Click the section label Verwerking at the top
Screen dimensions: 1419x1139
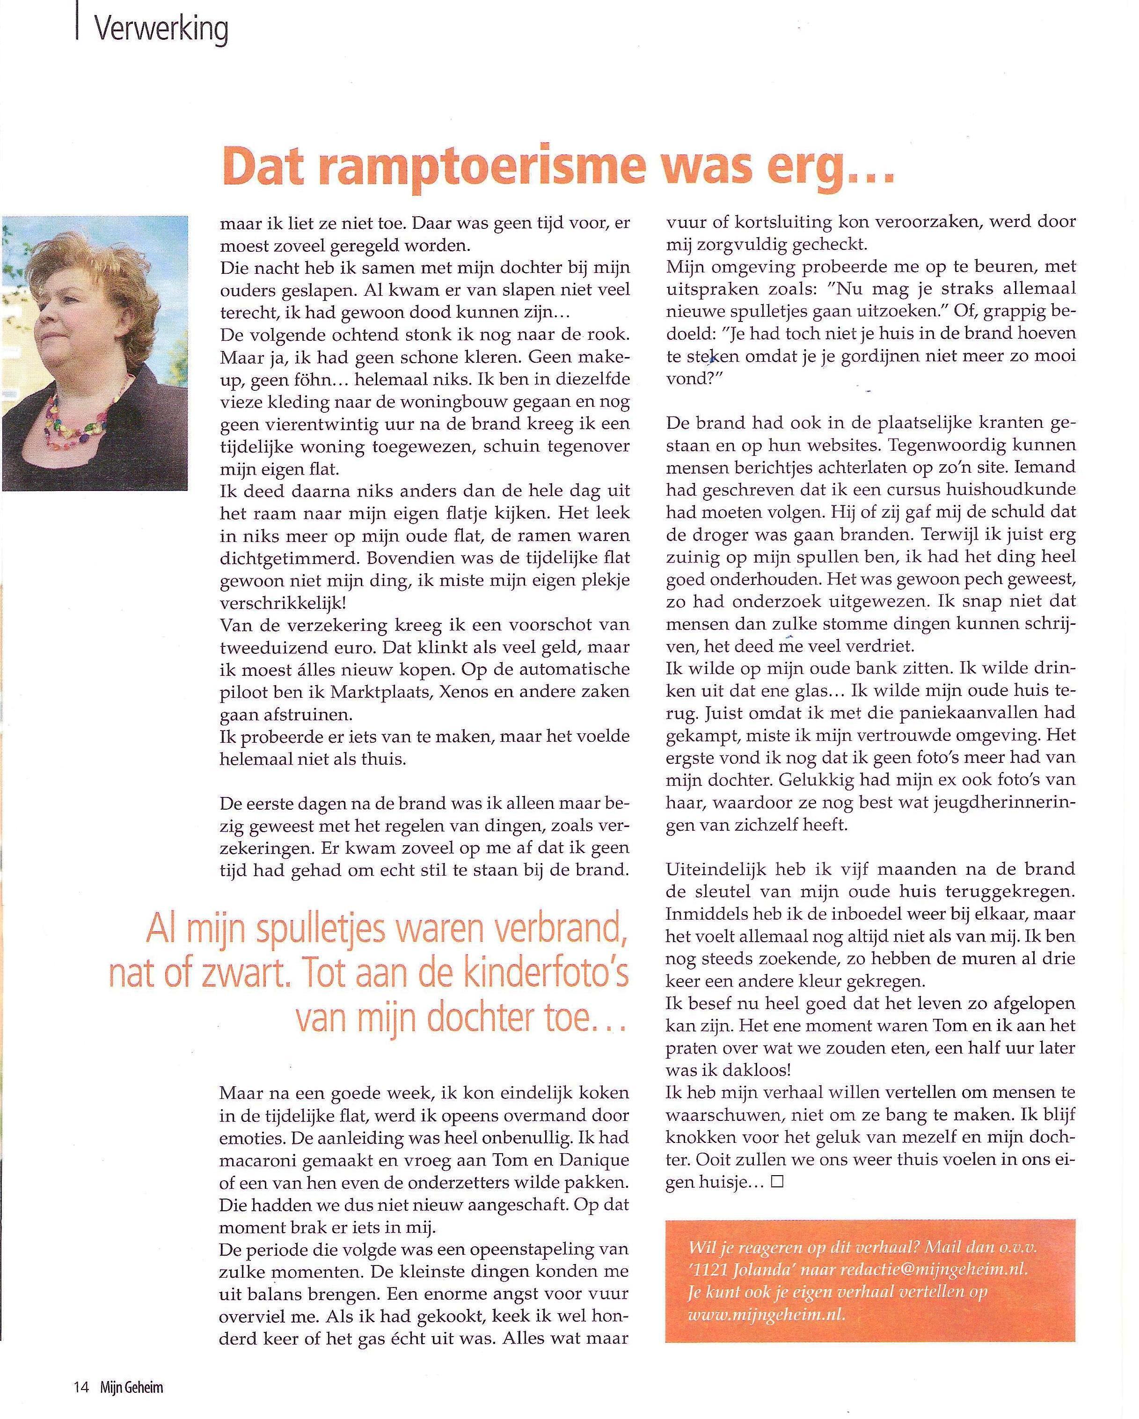[x=161, y=29]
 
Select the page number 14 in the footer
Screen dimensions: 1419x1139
[x=80, y=1387]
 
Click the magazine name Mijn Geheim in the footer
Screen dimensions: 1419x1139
[x=131, y=1387]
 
